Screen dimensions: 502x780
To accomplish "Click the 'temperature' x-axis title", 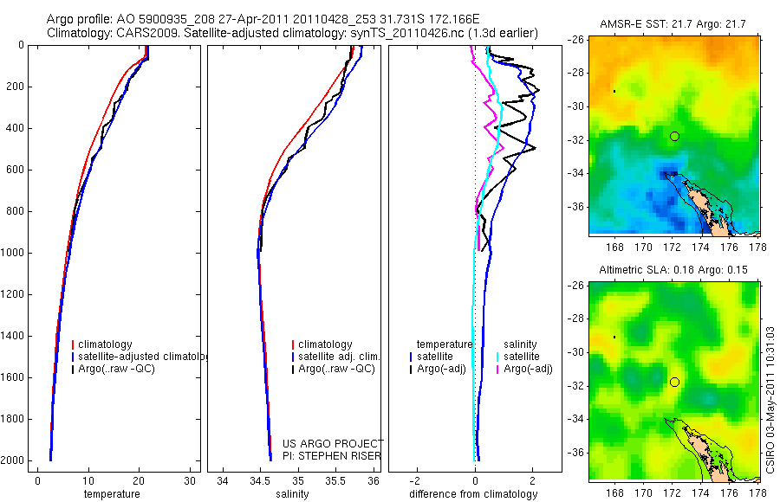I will pyautogui.click(x=111, y=494).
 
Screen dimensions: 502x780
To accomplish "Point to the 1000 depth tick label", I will pyautogui.click(x=13, y=253).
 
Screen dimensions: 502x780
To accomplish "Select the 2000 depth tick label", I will pyautogui.click(x=13, y=460).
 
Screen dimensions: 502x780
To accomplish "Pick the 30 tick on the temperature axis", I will pyautogui.click(x=189, y=481).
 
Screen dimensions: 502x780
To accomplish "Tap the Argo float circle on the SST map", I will pyautogui.click(x=674, y=136).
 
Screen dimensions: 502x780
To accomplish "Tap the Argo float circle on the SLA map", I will pyautogui.click(x=674, y=382).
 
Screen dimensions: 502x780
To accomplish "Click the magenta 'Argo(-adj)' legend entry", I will pyautogui.click(x=528, y=369).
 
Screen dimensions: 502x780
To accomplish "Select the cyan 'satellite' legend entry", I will pyautogui.click(x=521, y=356).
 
